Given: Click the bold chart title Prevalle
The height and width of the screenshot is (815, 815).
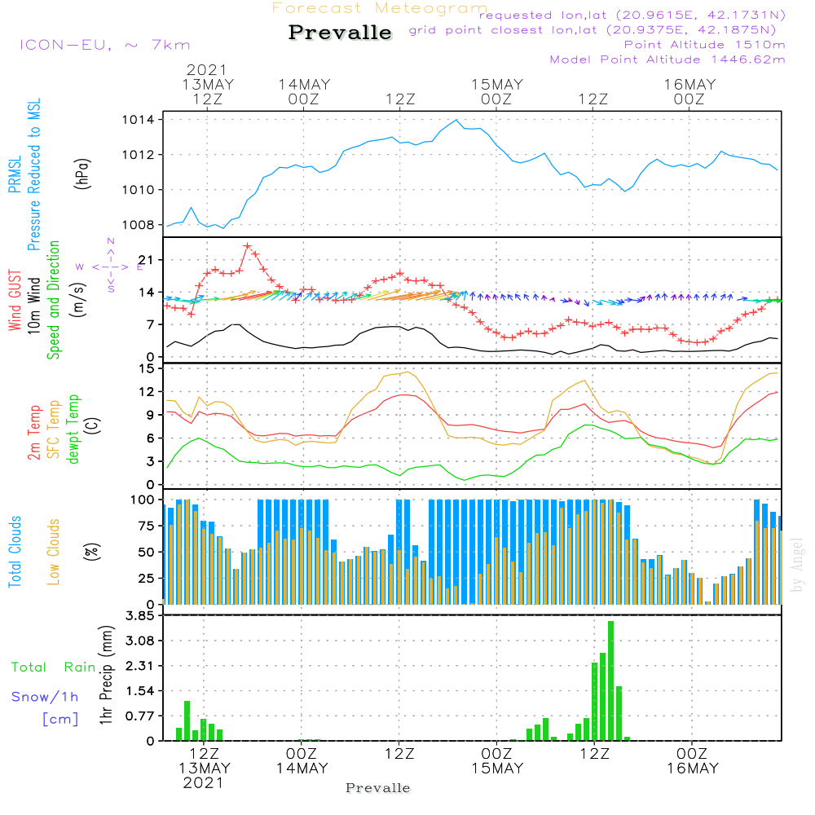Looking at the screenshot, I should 340,33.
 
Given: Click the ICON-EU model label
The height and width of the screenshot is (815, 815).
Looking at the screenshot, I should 104,45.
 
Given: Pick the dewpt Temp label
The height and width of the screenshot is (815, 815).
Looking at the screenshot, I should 73,430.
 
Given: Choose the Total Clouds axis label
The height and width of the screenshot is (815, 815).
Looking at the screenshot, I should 15,552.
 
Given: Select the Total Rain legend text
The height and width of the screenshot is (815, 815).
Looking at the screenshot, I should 54,667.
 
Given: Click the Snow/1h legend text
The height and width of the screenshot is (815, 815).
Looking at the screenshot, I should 46,697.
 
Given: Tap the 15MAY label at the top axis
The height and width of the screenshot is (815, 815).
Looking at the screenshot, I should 496,85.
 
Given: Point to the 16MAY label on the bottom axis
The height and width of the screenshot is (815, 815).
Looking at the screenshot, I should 692,769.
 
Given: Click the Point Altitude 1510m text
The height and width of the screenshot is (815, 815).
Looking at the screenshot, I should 704,44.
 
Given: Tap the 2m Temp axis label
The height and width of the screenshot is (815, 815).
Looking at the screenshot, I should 34,430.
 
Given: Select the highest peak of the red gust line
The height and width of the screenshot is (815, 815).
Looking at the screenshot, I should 247,246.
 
